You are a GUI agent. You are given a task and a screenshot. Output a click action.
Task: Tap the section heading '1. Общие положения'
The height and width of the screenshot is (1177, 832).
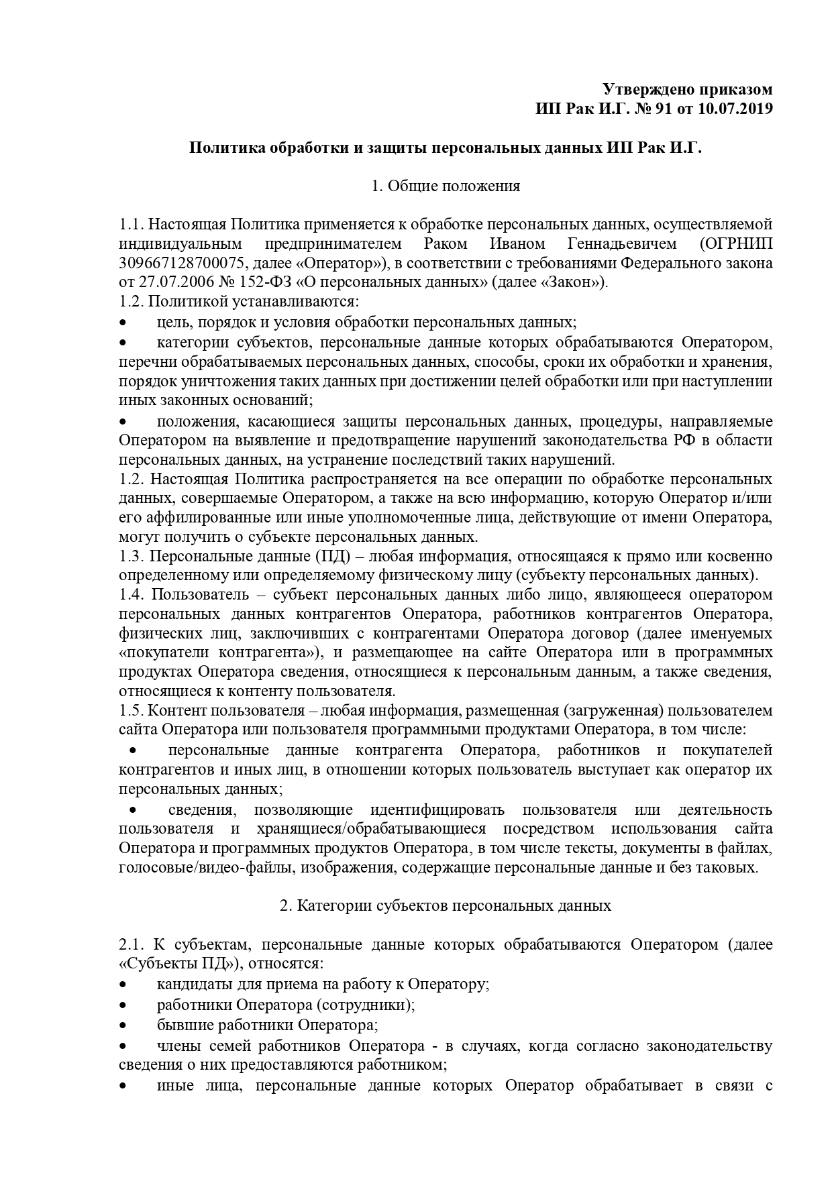tap(446, 186)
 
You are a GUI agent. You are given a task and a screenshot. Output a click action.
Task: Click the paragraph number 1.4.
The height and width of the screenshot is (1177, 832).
tap(131, 595)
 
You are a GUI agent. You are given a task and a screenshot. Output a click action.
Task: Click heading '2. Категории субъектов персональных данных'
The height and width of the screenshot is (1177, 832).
tap(446, 906)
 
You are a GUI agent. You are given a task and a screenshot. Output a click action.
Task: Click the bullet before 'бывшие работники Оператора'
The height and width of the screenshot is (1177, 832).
tap(123, 1025)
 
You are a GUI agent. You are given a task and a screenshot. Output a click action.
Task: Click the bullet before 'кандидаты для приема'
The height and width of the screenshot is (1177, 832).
tap(123, 985)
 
